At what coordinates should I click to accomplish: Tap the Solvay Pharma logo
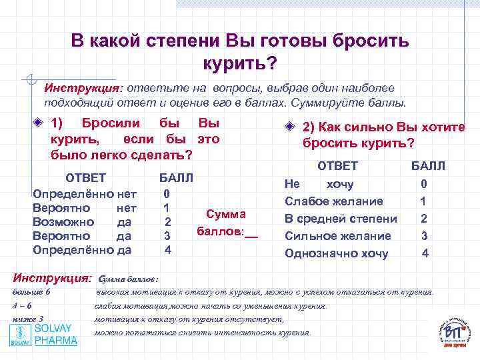pyautogui.click(x=44, y=335)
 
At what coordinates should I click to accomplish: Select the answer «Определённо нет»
pyautogui.click(x=85, y=193)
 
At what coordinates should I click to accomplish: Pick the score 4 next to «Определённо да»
pyautogui.click(x=168, y=250)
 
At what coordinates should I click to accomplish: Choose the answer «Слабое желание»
pyautogui.click(x=333, y=201)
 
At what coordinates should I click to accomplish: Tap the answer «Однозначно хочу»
pyautogui.click(x=336, y=253)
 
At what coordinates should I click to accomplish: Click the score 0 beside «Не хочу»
pyautogui.click(x=424, y=184)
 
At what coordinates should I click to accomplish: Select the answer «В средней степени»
pyautogui.click(x=341, y=218)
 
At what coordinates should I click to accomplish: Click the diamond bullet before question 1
pyautogui.click(x=39, y=124)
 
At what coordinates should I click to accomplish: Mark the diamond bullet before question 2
pyautogui.click(x=290, y=127)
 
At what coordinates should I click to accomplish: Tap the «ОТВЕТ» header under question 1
pyautogui.click(x=85, y=178)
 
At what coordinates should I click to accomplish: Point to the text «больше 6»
pyautogui.click(x=32, y=292)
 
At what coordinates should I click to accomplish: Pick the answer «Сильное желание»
pyautogui.click(x=337, y=235)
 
